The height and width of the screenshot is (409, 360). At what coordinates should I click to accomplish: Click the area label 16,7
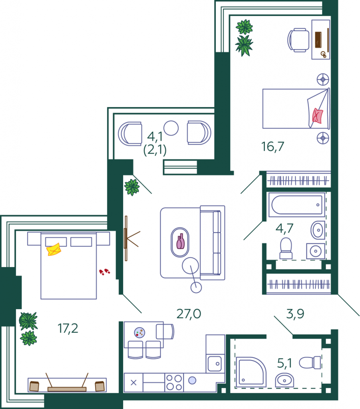[x=272, y=147]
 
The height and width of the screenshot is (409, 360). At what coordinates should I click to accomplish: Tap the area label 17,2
[x=68, y=328]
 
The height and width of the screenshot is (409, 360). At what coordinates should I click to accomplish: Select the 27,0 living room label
[x=189, y=314]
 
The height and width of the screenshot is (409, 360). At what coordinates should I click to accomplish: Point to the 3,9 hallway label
[x=295, y=314]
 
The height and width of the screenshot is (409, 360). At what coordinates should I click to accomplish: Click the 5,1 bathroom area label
[x=284, y=363]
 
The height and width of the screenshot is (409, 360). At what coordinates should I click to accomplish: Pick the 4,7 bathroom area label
[x=284, y=228]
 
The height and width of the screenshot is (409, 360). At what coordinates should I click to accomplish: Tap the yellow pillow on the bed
[x=54, y=249]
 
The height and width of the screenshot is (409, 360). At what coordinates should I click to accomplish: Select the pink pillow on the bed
[x=318, y=115]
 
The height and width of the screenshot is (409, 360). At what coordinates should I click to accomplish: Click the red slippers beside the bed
[x=104, y=272]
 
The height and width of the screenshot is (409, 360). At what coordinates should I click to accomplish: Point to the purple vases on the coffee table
[x=181, y=241]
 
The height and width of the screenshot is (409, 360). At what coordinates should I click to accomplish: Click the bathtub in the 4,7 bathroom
[x=297, y=205]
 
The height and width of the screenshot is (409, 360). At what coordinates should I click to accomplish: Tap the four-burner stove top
[x=174, y=382]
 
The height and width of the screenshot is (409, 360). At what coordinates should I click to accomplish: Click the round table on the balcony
[x=171, y=128]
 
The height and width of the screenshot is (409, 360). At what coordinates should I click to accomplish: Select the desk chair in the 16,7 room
[x=298, y=40]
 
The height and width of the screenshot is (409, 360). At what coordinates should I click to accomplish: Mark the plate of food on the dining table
[x=139, y=333]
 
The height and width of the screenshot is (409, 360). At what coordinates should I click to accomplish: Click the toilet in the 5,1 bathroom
[x=310, y=363]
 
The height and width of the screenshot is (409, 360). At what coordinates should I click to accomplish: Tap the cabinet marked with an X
[x=133, y=382]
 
